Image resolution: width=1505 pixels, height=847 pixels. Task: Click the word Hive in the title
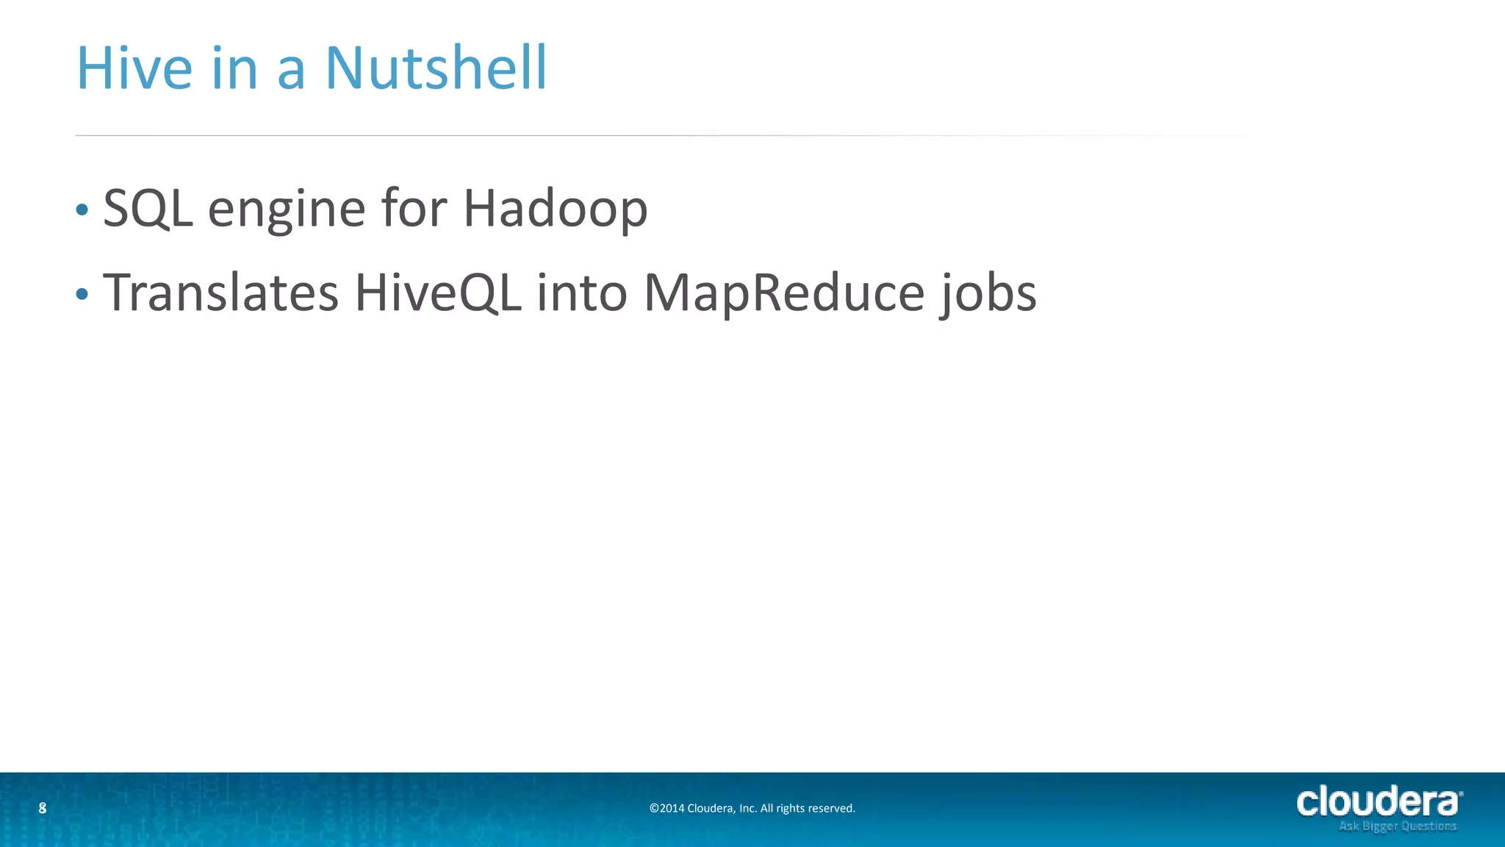134,68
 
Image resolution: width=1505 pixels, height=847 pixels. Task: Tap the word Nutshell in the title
436,68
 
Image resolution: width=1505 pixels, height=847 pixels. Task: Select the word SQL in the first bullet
148,209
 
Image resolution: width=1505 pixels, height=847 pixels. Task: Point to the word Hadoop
555,209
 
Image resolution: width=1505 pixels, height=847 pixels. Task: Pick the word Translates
220,293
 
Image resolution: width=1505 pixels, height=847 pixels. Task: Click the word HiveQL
438,293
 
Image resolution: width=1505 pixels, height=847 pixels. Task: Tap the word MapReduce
783,293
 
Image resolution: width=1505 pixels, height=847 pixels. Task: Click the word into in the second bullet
582,293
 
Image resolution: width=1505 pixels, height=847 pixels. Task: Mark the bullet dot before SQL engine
82,210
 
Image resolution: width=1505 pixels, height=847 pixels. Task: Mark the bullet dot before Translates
82,295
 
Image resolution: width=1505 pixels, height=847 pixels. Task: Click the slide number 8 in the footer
43,808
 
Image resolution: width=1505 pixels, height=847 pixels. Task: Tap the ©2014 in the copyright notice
667,809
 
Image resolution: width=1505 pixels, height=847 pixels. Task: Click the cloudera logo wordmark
1379,802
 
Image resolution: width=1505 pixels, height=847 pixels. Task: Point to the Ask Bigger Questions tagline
1397,826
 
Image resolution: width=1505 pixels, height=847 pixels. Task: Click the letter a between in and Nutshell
291,71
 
